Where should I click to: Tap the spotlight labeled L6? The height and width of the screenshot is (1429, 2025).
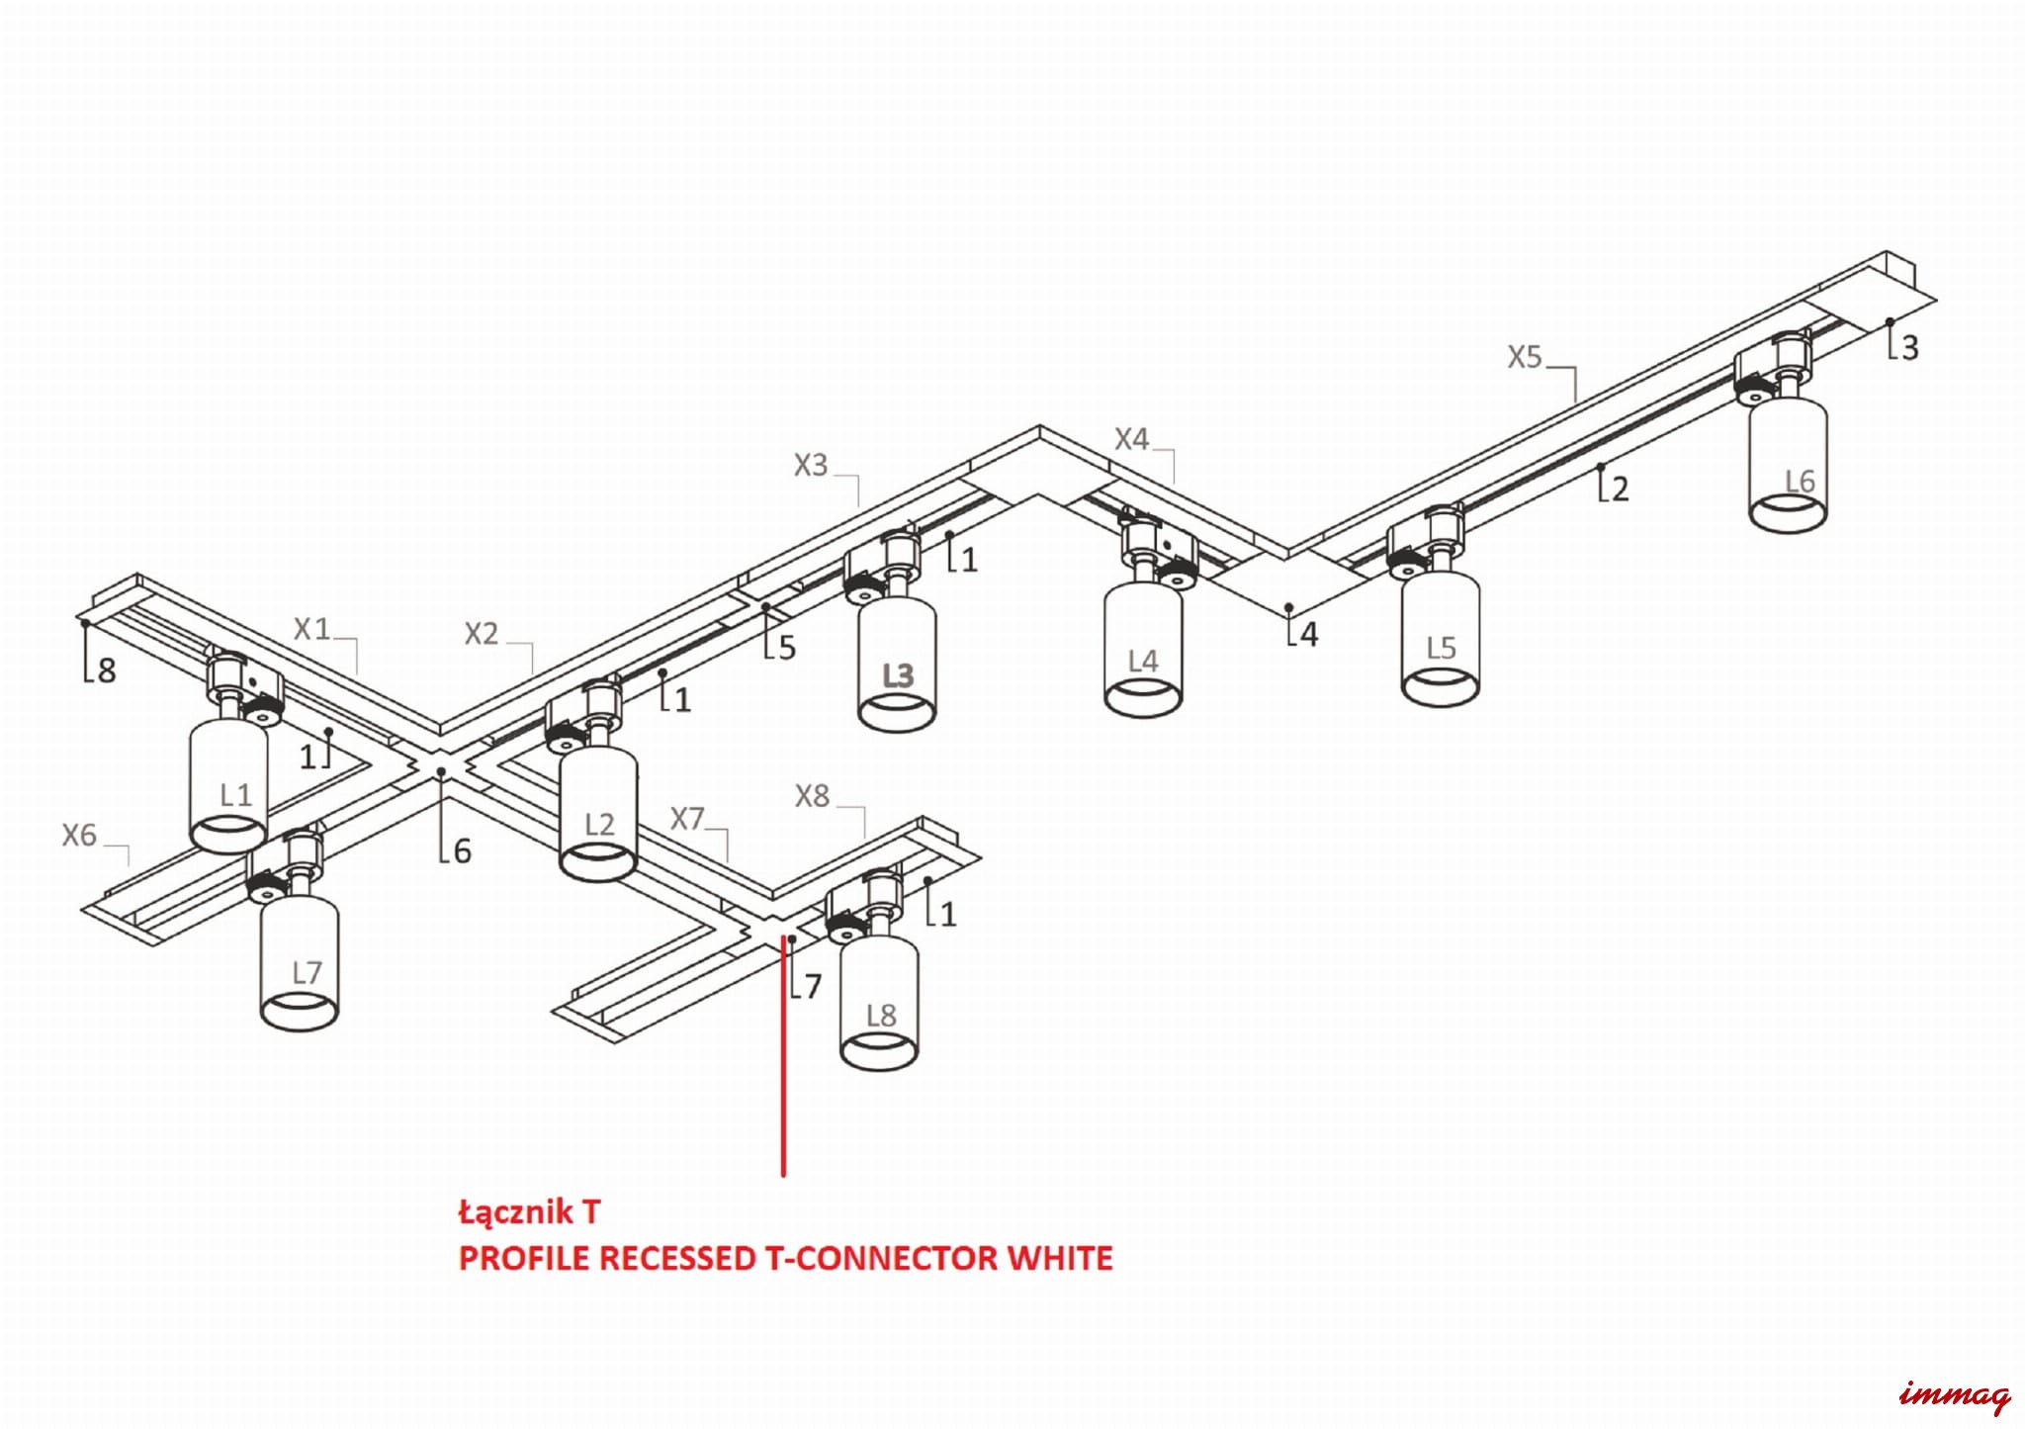(x=1788, y=465)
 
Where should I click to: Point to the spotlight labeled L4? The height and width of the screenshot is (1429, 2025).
(x=1143, y=648)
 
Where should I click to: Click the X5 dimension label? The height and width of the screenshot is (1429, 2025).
(x=1524, y=357)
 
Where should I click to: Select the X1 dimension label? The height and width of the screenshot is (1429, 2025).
(x=311, y=629)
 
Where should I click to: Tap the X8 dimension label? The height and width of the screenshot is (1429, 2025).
(x=812, y=796)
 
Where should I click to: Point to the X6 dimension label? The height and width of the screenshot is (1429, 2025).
(x=79, y=836)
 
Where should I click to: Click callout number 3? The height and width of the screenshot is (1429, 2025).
(x=1909, y=347)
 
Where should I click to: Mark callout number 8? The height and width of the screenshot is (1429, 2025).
(x=106, y=670)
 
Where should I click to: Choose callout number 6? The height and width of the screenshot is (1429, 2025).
(x=462, y=850)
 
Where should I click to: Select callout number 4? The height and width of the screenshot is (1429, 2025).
(x=1308, y=634)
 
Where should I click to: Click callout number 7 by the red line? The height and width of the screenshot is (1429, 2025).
(x=812, y=986)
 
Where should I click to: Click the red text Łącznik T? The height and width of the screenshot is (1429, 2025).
(x=529, y=1211)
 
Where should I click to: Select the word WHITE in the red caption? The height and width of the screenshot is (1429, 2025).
(x=1059, y=1259)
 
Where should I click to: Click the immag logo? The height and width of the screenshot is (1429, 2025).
(x=1954, y=1395)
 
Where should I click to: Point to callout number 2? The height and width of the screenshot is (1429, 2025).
(x=1619, y=489)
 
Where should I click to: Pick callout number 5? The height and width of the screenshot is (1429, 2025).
(x=786, y=648)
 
